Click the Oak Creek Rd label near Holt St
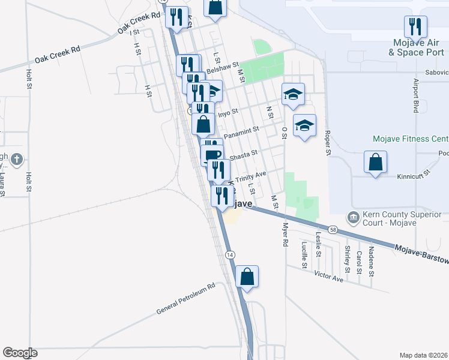(x=57, y=55)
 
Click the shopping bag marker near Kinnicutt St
(x=375, y=162)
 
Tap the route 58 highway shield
(x=332, y=229)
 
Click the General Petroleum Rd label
(x=185, y=299)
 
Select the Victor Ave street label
(x=328, y=277)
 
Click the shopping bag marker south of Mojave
(x=247, y=277)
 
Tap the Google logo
(x=20, y=353)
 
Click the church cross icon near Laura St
(x=17, y=160)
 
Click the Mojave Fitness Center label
(x=411, y=139)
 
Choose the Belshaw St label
(x=222, y=67)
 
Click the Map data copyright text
(x=423, y=355)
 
